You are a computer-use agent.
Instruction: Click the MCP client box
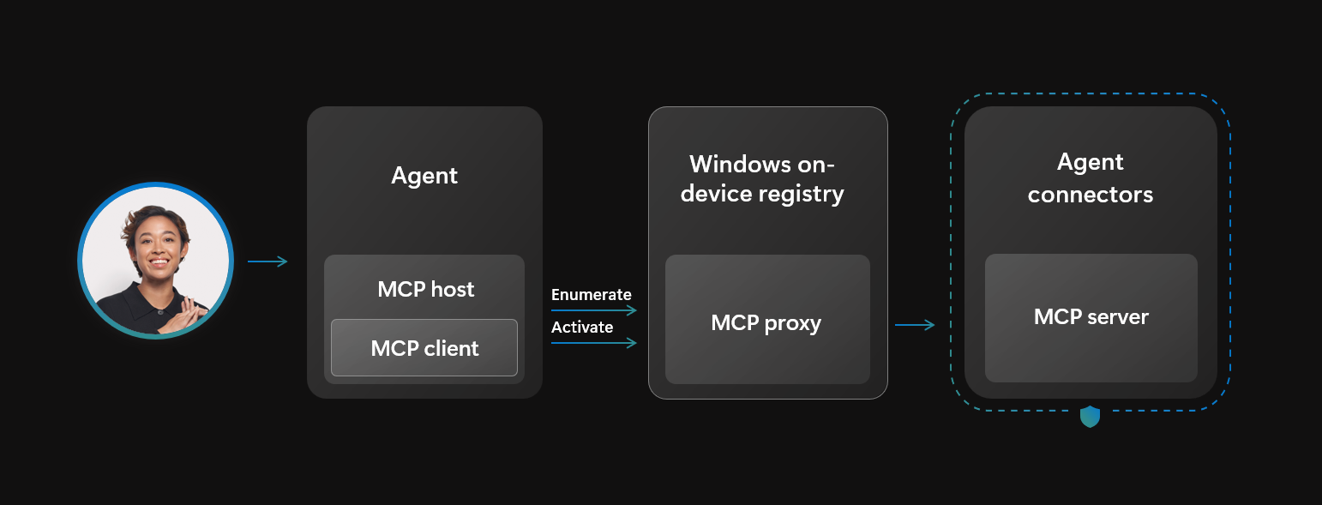coord(424,348)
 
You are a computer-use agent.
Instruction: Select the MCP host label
coord(425,289)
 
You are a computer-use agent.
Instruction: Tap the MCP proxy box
coord(766,323)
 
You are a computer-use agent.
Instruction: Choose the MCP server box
coord(1091,317)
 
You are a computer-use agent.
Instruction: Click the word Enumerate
coord(591,295)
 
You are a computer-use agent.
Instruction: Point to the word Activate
coord(582,328)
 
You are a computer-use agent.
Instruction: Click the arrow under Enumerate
coord(593,310)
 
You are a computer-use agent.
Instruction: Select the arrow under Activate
coord(593,343)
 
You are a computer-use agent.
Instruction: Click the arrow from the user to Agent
coord(267,262)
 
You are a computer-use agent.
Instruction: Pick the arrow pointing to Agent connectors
coord(914,325)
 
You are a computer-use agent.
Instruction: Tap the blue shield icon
coord(1090,418)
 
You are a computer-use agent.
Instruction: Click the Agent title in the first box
coord(424,176)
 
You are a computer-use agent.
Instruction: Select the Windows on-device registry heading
coord(762,178)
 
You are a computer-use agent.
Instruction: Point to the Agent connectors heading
coord(1091,178)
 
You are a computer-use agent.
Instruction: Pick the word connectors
coord(1091,195)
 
